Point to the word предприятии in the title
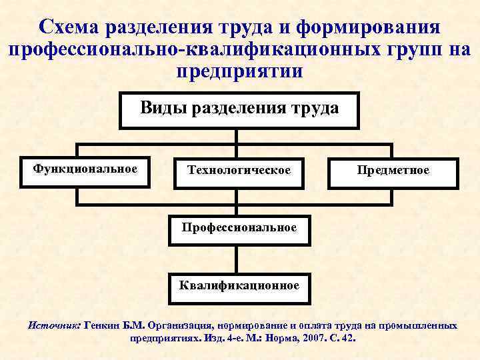coord(239,71)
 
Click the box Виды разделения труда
coord(239,109)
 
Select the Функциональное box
coord(85,169)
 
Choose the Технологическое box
coord(239,171)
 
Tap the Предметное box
coord(393,171)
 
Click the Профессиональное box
coord(239,228)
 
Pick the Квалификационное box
coord(239,286)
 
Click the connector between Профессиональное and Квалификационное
coord(238,257)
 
